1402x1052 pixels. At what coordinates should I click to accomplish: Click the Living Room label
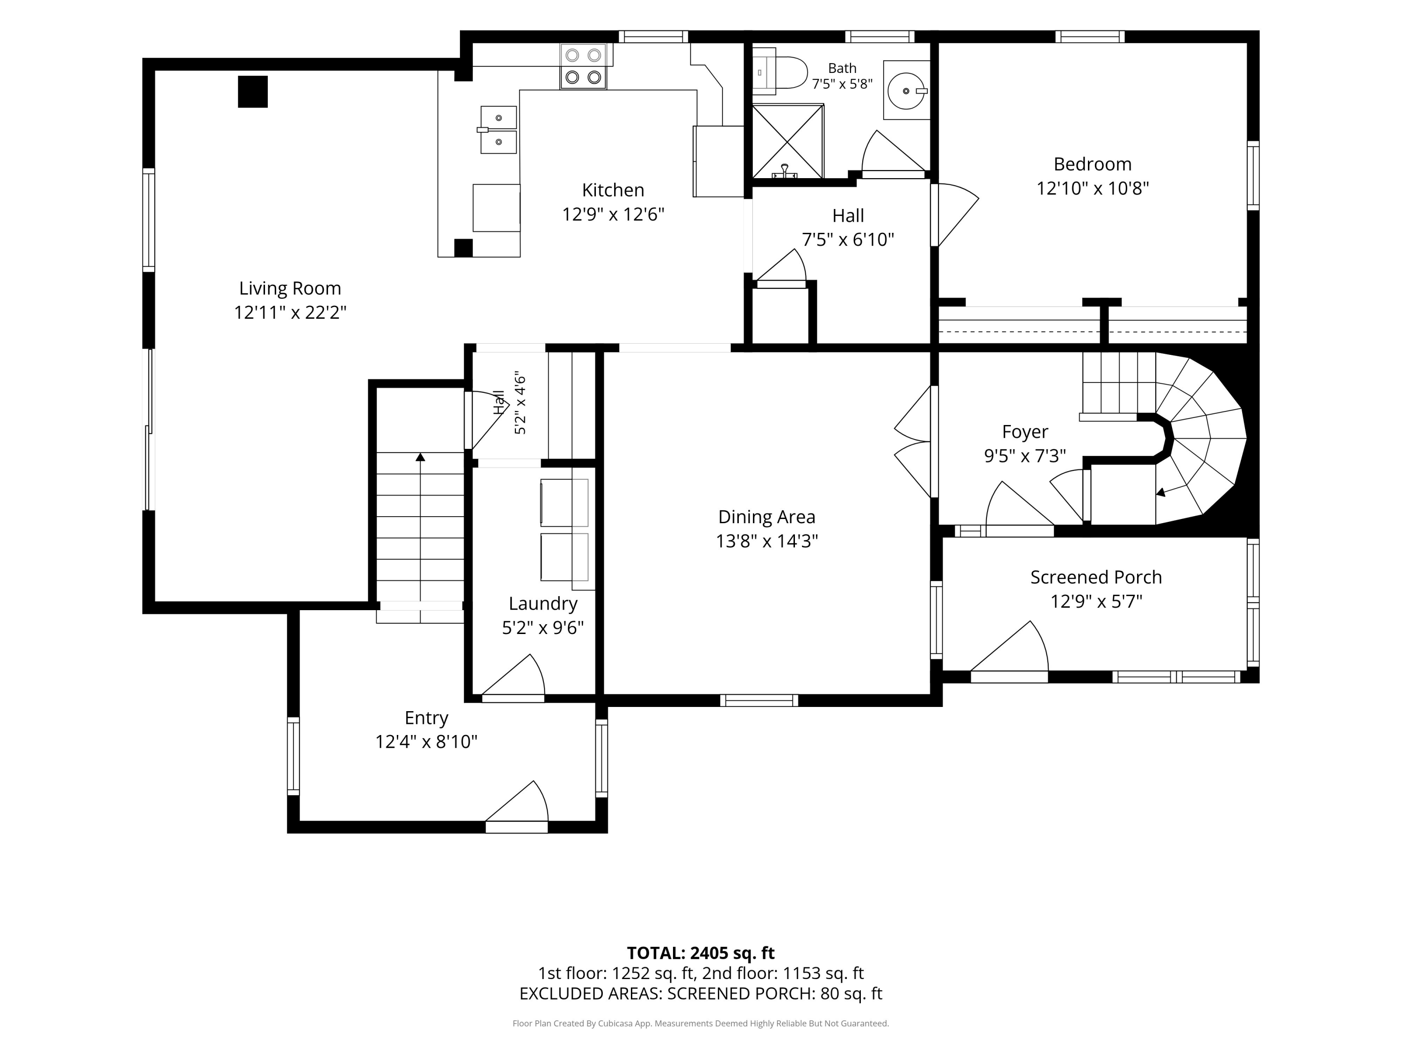click(290, 288)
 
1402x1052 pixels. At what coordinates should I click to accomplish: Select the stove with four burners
click(583, 66)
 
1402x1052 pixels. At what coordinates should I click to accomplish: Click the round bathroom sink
click(906, 91)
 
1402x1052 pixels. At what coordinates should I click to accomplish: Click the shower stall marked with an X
click(788, 141)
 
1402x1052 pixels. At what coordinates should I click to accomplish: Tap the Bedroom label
click(1092, 164)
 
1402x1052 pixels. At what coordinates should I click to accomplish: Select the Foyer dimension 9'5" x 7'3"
click(1025, 456)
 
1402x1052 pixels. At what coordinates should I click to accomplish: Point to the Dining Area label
click(766, 517)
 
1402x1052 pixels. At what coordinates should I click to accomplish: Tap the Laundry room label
click(543, 604)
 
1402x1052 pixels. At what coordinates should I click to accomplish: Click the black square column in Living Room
click(253, 92)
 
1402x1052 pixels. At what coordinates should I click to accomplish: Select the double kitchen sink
click(498, 130)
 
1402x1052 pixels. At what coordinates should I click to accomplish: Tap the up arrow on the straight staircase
click(420, 456)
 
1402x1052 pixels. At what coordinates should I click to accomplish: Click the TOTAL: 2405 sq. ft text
click(701, 953)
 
